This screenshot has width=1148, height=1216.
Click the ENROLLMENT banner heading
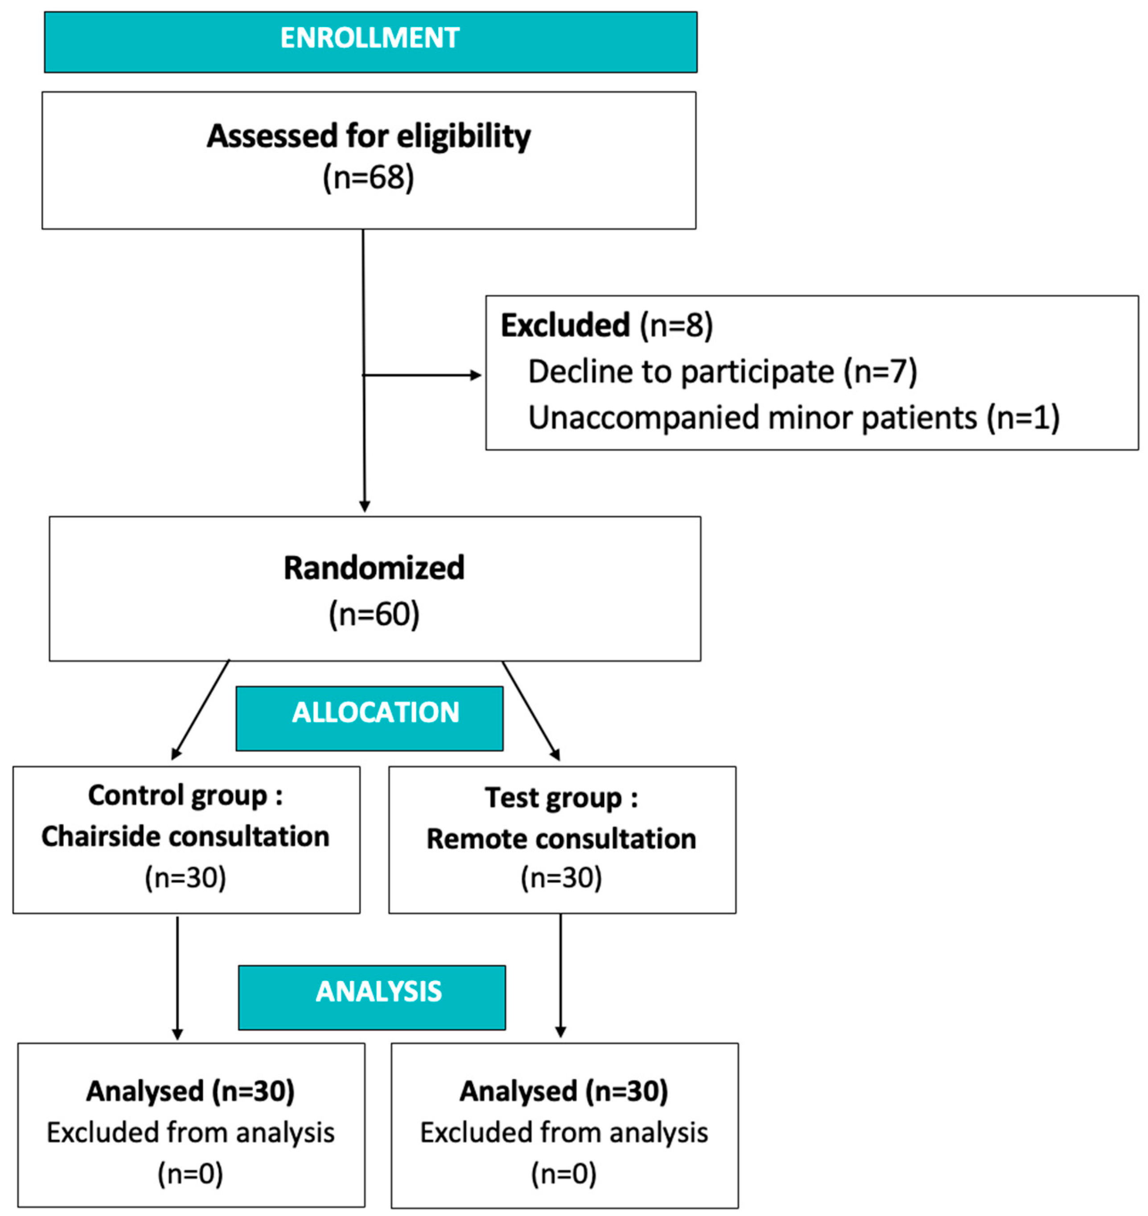pyautogui.click(x=370, y=38)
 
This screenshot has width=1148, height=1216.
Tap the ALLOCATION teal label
pyautogui.click(x=375, y=712)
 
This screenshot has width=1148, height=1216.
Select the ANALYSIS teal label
pyautogui.click(x=378, y=991)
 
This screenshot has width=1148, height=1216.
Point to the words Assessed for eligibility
pyautogui.click(x=368, y=136)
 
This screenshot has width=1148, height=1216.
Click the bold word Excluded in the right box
pyautogui.click(x=565, y=325)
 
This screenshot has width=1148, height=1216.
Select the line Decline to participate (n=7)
pyautogui.click(x=722, y=371)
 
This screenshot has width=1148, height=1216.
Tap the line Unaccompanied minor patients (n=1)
pyautogui.click(x=794, y=418)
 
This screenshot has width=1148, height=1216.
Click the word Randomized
pyautogui.click(x=374, y=568)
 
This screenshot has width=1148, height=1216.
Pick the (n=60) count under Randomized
pyautogui.click(x=374, y=614)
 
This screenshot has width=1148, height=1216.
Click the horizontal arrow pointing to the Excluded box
pyautogui.click(x=422, y=375)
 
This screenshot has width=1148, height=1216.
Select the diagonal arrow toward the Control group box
pyautogui.click(x=201, y=710)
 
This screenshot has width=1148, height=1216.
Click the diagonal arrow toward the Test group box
pyautogui.click(x=531, y=710)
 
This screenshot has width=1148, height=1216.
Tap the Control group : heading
pyautogui.click(x=185, y=796)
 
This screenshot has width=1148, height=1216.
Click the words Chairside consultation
pyautogui.click(x=185, y=837)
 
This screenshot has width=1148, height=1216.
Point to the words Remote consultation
pyautogui.click(x=561, y=839)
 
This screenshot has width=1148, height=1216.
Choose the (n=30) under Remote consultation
pyautogui.click(x=561, y=878)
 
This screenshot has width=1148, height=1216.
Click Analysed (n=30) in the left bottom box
pyautogui.click(x=190, y=1091)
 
